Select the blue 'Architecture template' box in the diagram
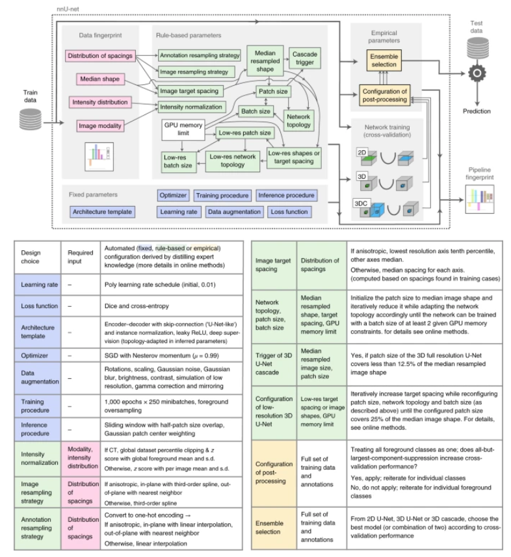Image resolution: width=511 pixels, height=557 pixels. pyautogui.click(x=102, y=211)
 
